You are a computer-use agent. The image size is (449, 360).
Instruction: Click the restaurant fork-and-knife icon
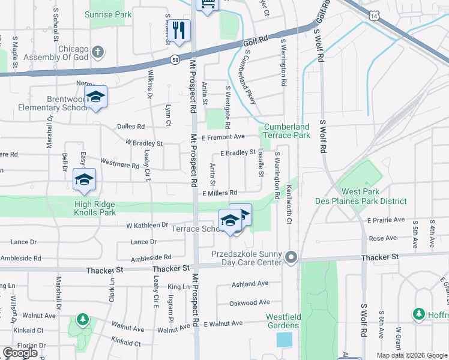(x=178, y=31)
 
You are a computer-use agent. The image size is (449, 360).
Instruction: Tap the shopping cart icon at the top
(x=207, y=5)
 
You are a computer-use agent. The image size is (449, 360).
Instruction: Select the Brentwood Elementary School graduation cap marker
(x=95, y=97)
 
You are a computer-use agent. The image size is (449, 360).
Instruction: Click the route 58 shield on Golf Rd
(x=174, y=60)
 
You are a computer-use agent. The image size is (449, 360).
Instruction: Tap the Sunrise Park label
(x=107, y=14)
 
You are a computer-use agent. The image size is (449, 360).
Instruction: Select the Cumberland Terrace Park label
(x=286, y=131)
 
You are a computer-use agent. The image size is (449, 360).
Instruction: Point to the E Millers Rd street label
(x=220, y=193)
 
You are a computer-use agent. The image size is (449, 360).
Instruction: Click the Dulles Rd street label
(x=131, y=127)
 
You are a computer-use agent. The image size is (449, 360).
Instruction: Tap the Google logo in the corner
(x=19, y=353)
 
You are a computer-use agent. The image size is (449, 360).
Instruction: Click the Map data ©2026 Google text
(x=411, y=355)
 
